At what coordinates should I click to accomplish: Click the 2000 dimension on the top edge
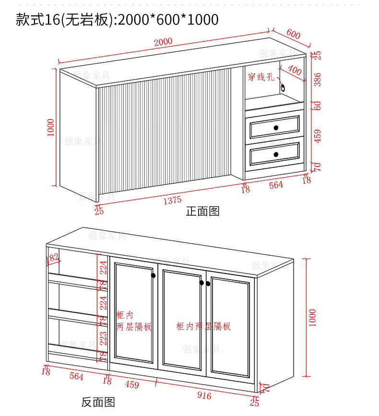pos(163,42)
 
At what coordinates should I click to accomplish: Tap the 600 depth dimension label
pos(293,34)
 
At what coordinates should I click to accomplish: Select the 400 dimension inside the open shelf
pos(294,71)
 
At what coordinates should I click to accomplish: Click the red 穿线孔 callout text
pos(261,77)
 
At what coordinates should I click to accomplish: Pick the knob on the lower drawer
pos(276,154)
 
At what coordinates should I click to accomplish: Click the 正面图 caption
pos(202,212)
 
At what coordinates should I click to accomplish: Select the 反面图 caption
pos(98,402)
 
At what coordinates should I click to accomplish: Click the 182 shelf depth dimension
pos(52,258)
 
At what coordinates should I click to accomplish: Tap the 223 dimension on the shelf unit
pos(102,338)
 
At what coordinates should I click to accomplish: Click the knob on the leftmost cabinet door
pos(153,275)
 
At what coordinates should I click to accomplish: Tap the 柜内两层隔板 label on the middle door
pos(203,326)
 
